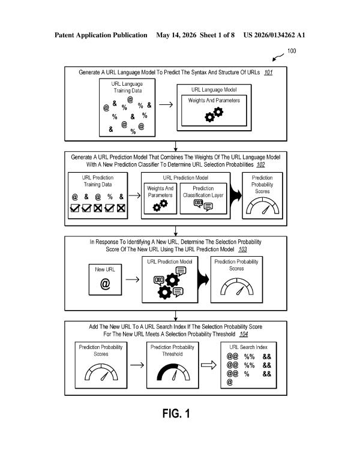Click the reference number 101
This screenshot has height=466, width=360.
[x=268, y=72]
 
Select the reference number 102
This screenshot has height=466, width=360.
[x=261, y=165]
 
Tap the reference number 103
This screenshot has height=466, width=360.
[x=242, y=249]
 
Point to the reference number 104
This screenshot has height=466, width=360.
[x=244, y=334]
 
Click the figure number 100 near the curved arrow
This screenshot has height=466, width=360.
[x=292, y=51]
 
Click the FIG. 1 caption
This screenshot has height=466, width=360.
[x=176, y=413]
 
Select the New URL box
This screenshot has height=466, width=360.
[x=105, y=279]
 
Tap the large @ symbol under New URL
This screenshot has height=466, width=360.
[x=105, y=284]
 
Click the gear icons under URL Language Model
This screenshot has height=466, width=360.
[x=214, y=115]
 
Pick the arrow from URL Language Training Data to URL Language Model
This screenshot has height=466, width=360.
[x=166, y=104]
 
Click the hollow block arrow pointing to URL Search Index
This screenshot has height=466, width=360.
[x=209, y=365]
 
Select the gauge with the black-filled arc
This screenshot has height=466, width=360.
[x=173, y=372]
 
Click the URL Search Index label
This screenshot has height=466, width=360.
[x=248, y=347]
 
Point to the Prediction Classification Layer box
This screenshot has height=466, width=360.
[x=203, y=199]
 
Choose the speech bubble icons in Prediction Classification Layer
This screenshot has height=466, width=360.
[x=203, y=205]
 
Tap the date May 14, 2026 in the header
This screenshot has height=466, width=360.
[x=176, y=35]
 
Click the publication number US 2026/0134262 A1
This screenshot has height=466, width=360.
[x=274, y=35]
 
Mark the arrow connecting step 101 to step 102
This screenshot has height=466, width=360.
[x=176, y=146]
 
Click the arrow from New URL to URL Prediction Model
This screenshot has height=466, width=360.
[x=132, y=279]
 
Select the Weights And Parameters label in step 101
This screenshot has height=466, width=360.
[x=214, y=100]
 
